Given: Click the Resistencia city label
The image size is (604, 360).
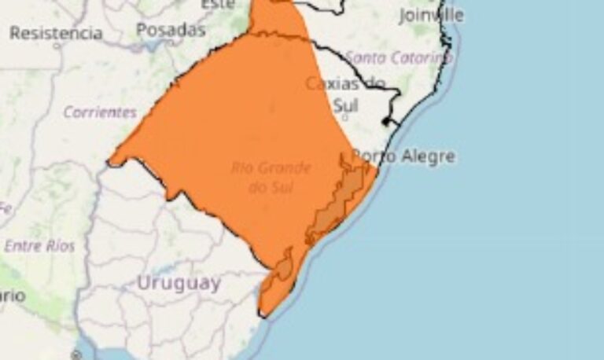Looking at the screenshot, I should tap(56, 33).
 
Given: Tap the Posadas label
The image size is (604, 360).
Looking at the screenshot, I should tap(171, 30).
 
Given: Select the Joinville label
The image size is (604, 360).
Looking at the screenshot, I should tap(431, 15).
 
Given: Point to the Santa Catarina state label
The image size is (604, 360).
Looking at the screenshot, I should tap(399, 57).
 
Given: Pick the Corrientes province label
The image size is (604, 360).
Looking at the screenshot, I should tap(100, 112).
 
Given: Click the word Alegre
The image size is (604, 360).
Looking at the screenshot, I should tap(428, 156).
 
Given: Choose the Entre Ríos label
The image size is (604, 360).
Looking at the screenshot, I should tap(39, 246).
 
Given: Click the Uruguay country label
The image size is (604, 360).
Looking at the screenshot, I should tap(179, 283).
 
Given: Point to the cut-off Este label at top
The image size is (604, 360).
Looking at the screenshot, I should tap(218, 5).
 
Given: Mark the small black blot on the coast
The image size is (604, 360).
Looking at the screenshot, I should tap(386, 122).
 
